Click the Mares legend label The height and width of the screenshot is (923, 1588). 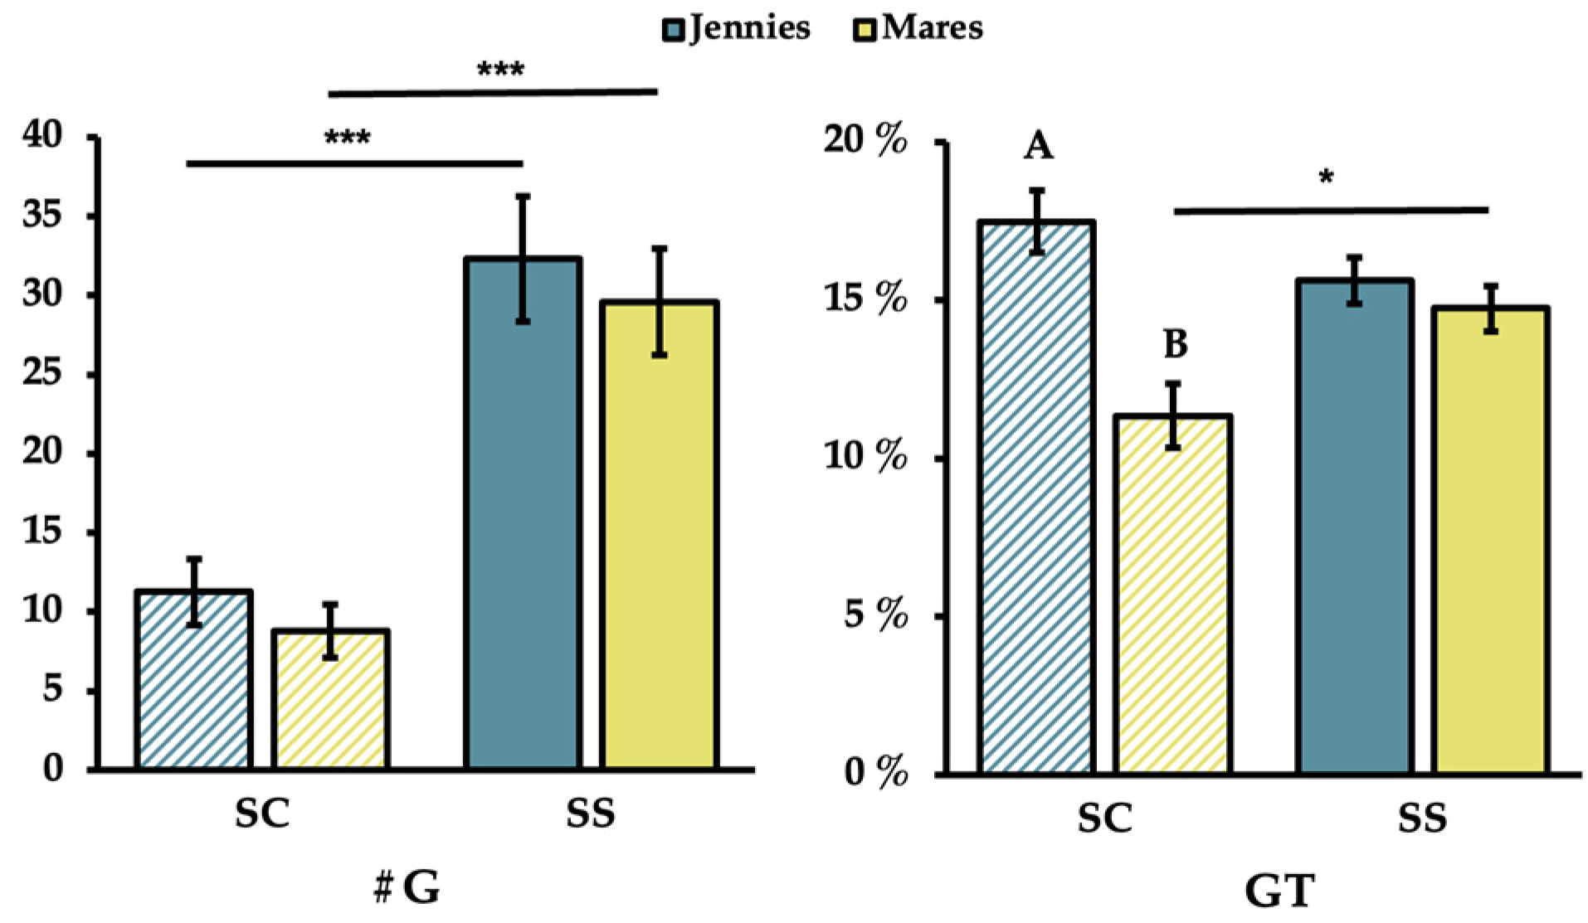click(x=933, y=29)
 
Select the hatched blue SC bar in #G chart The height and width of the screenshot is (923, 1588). click(x=194, y=680)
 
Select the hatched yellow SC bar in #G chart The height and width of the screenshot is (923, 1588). click(x=330, y=701)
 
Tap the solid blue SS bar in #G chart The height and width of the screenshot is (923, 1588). click(x=523, y=514)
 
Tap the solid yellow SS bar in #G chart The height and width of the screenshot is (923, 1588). click(x=659, y=535)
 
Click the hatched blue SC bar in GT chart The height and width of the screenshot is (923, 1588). click(x=1036, y=498)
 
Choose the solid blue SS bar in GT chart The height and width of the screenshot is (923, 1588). click(x=1355, y=527)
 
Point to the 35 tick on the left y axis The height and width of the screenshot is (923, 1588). click(x=41, y=216)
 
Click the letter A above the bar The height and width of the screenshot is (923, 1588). click(x=1038, y=148)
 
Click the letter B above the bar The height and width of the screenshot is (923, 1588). click(x=1175, y=344)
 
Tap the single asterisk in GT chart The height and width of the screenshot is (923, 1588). click(x=1326, y=177)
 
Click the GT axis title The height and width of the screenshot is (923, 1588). click(x=1279, y=892)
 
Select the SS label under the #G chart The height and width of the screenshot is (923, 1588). click(x=591, y=814)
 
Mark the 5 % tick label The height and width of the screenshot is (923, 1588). click(x=875, y=616)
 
